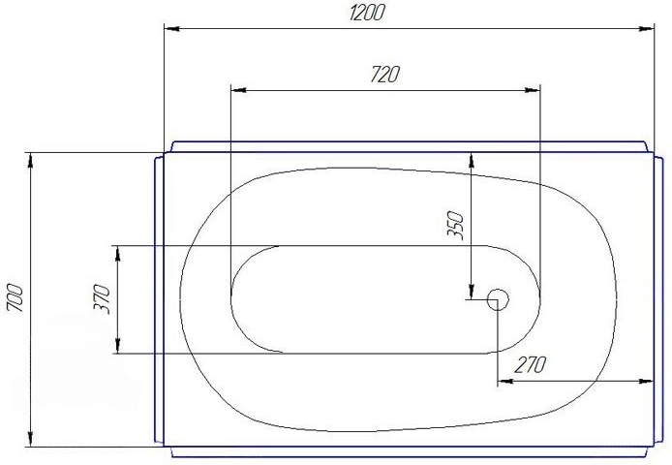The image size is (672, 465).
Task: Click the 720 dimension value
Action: [384, 75]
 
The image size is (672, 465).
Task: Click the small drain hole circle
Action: [499, 299]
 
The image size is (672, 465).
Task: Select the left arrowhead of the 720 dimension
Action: [238, 90]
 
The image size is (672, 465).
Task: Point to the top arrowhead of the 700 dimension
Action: [32, 159]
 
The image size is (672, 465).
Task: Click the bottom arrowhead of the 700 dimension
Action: [32, 441]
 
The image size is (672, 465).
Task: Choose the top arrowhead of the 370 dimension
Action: [118, 252]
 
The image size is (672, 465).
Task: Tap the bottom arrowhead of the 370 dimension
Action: [118, 348]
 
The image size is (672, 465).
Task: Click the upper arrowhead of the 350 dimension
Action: [471, 158]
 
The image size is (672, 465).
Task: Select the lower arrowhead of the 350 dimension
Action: [471, 294]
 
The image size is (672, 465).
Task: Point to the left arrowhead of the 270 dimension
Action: [505, 381]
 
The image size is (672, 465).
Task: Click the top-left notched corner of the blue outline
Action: [165, 152]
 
